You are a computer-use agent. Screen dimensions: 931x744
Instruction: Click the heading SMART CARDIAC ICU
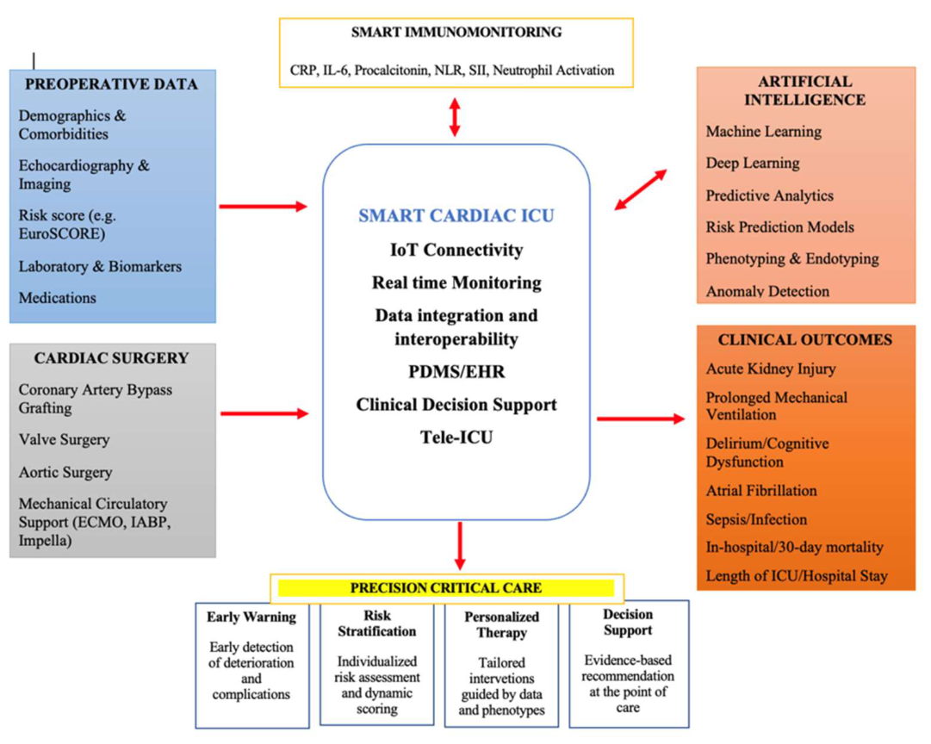(456, 215)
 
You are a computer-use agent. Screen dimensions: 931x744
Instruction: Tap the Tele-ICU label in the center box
(456, 437)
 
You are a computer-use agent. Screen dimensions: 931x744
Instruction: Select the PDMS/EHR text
(456, 372)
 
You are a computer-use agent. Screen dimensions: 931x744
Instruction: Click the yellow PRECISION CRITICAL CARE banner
(446, 588)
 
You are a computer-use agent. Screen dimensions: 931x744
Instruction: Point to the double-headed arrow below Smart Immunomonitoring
(455, 117)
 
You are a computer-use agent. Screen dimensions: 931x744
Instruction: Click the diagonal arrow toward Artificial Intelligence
(641, 190)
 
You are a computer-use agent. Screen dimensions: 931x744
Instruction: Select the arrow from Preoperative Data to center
(263, 207)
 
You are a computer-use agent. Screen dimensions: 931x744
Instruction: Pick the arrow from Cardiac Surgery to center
(264, 413)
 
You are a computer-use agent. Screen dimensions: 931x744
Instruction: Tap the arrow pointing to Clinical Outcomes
(641, 418)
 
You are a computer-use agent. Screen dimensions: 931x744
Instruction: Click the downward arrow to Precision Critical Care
(460, 546)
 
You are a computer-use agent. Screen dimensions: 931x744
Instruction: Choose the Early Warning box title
(251, 617)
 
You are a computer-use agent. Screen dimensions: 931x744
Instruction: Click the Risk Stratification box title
(377, 623)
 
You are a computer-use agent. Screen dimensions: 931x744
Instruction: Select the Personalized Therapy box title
(502, 624)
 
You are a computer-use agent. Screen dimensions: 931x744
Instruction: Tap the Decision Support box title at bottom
(628, 623)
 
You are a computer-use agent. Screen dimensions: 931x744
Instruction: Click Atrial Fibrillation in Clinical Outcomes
(761, 491)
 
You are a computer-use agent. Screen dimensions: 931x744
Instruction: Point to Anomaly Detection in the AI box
(767, 291)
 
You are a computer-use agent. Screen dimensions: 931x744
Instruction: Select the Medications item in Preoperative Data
(58, 297)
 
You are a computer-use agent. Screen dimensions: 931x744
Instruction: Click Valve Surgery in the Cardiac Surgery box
(64, 439)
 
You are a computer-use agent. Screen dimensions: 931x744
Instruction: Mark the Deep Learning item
(753, 164)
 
